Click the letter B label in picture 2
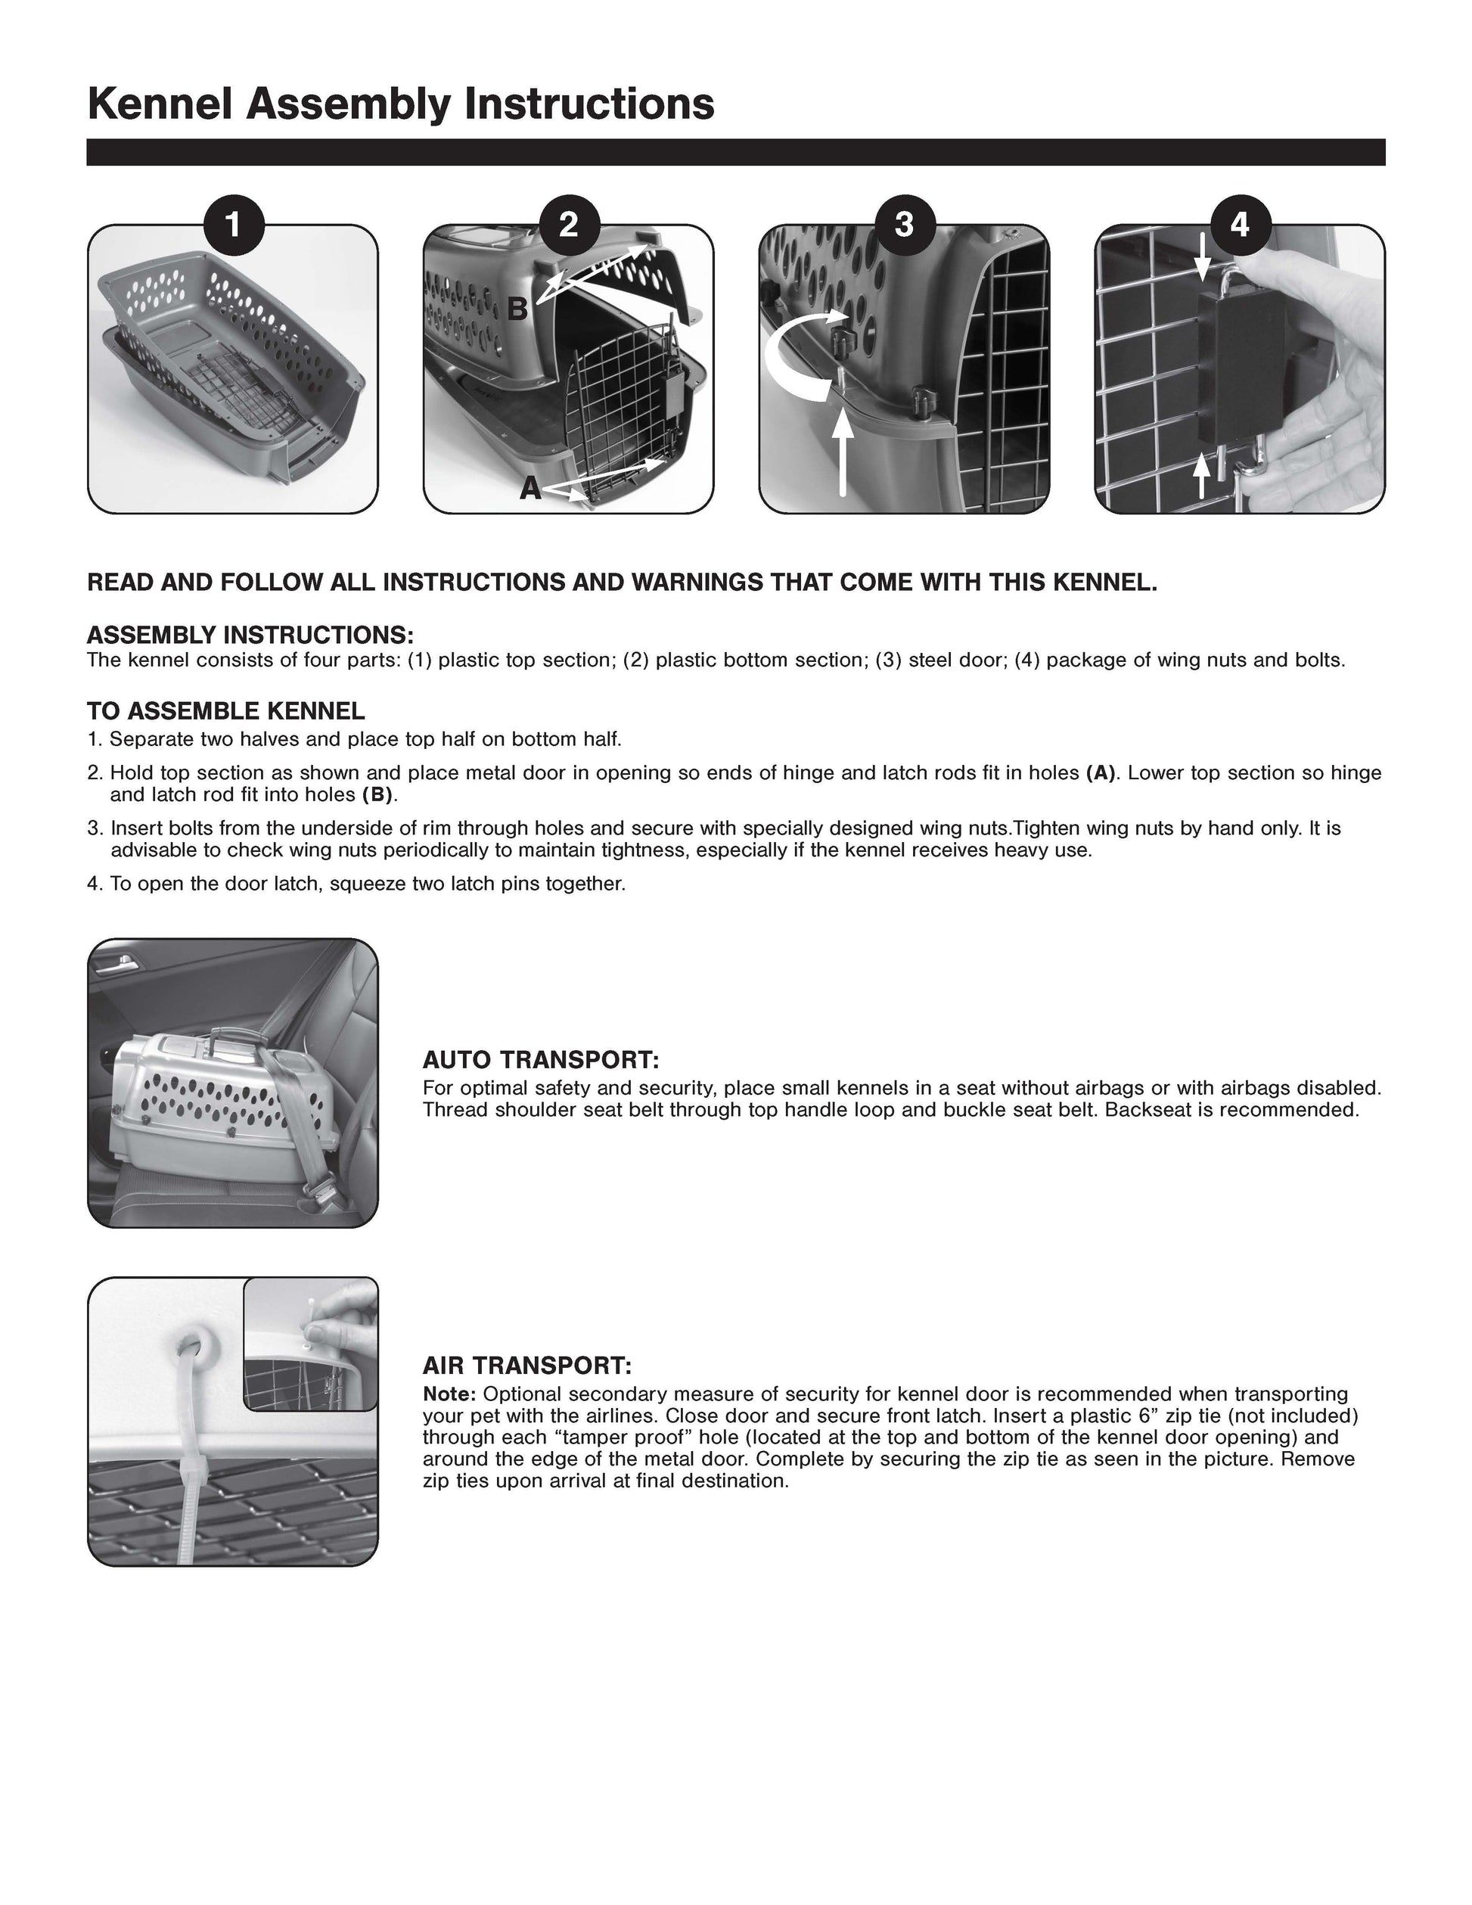click(517, 309)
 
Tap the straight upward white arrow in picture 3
click(843, 454)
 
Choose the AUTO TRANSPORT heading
click(541, 1060)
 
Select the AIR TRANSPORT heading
click(526, 1364)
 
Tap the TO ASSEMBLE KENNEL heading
click(226, 711)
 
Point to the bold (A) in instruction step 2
click(1101, 772)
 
